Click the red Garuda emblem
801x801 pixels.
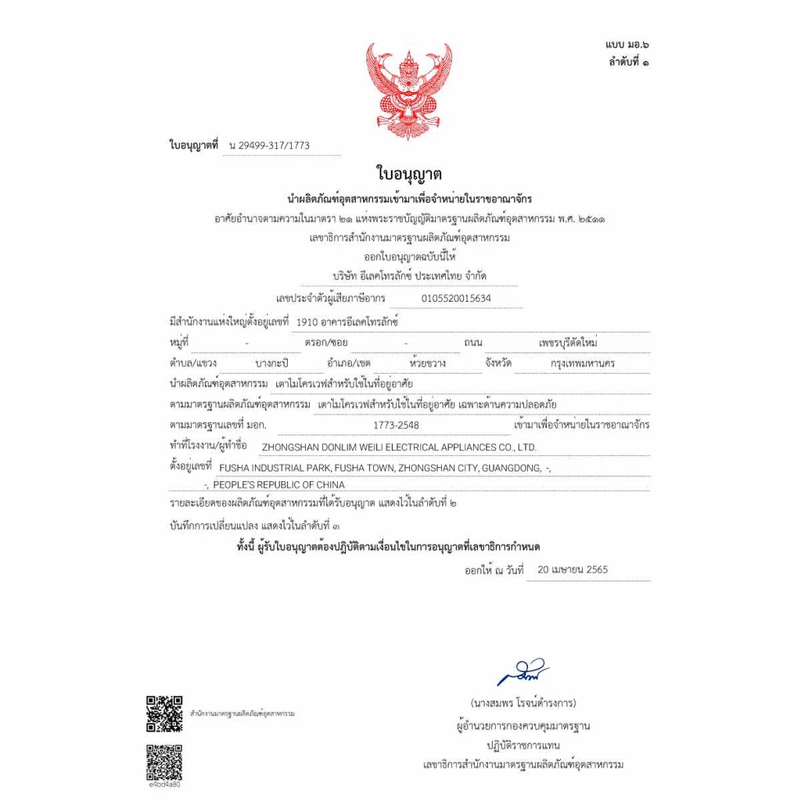[x=409, y=91]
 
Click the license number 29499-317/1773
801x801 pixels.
[x=270, y=146]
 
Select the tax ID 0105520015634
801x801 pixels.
[x=456, y=298]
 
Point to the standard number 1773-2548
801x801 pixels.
[x=397, y=425]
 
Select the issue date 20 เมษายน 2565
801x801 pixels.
[x=573, y=569]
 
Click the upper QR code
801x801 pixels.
[x=164, y=713]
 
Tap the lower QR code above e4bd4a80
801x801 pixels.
[x=164, y=761]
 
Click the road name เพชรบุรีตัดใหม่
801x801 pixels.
[x=568, y=343]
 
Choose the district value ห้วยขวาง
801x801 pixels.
[x=427, y=364]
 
